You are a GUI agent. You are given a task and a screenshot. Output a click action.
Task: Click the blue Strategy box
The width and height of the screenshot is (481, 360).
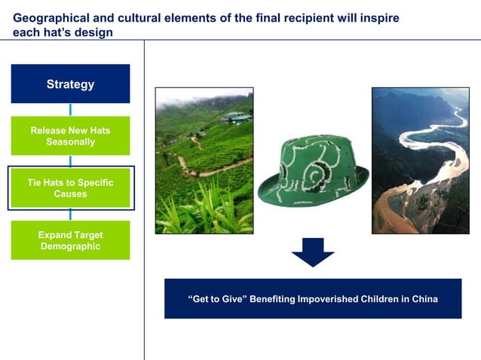click(x=70, y=84)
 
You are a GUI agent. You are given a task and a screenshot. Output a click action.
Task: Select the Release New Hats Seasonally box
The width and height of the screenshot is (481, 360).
click(x=70, y=136)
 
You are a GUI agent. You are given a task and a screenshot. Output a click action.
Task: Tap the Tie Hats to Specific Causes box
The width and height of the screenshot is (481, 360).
click(x=70, y=188)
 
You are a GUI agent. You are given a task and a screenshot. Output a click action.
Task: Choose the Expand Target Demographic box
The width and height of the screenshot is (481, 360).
click(x=70, y=240)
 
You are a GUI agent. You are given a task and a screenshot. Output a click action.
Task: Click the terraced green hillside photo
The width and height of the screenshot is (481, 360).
click(x=204, y=160)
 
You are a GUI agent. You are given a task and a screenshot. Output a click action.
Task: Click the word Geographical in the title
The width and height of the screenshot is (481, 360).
click(x=50, y=17)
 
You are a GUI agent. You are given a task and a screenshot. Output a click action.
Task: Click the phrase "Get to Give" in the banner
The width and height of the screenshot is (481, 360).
click(x=219, y=299)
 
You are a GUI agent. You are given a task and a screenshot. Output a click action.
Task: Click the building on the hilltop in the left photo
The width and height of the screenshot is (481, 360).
click(x=236, y=117)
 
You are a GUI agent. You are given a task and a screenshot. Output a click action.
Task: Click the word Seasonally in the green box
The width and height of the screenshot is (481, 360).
click(x=70, y=142)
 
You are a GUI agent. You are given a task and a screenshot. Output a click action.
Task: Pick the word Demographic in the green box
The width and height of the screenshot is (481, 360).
click(x=70, y=246)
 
